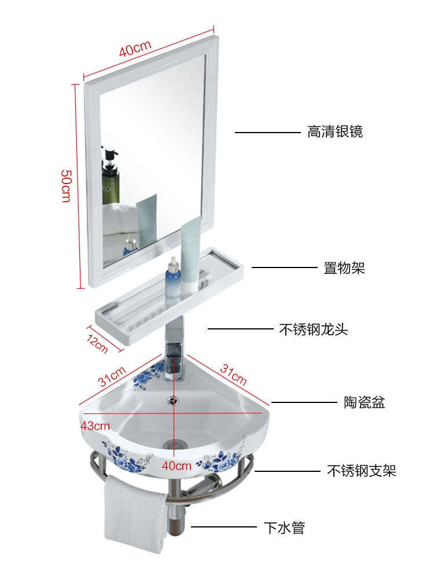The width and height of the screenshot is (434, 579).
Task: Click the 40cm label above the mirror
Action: (135, 48)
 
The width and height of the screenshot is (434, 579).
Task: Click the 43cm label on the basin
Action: (95, 426)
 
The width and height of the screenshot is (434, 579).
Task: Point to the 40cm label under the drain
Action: (177, 465)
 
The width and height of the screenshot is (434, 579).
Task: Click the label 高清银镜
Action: (335, 132)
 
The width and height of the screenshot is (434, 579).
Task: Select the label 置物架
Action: (344, 267)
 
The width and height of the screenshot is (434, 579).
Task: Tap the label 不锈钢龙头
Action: (314, 329)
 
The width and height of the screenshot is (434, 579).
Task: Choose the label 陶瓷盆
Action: (365, 402)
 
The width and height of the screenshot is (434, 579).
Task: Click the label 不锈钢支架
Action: (362, 471)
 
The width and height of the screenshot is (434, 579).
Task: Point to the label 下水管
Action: (284, 527)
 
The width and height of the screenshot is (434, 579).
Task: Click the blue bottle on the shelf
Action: (172, 276)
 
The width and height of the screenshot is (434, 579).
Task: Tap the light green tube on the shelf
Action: (190, 253)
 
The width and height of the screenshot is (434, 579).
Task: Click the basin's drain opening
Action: (173, 445)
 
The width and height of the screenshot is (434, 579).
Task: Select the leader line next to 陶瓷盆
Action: (304, 402)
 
